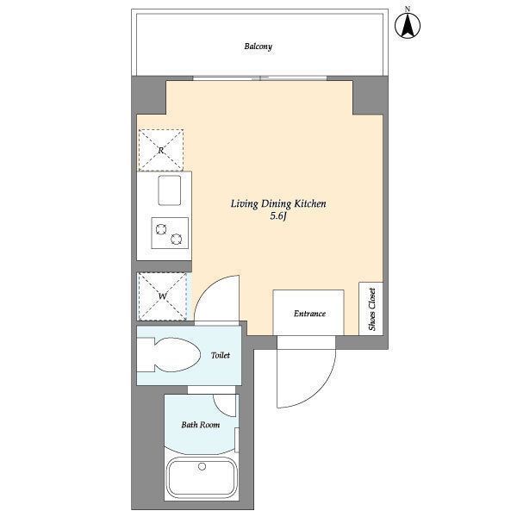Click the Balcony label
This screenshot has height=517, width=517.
tap(258, 47)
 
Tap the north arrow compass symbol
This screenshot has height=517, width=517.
tap(408, 24)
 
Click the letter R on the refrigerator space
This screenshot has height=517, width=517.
tap(161, 151)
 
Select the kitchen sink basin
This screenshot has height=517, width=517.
tap(170, 190)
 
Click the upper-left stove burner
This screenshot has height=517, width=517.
tap(161, 229)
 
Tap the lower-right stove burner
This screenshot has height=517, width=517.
tap(177, 239)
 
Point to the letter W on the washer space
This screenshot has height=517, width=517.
tap(162, 296)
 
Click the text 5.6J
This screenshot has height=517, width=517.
tap(278, 216)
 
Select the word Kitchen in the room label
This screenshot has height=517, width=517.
tap(310, 203)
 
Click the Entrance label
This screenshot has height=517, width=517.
tap(309, 314)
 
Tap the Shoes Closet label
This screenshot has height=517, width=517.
tap(372, 309)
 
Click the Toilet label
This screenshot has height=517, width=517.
tap(221, 355)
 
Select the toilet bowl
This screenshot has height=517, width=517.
tap(177, 355)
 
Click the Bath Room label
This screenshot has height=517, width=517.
tap(201, 424)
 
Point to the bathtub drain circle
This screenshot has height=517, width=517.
tap(202, 466)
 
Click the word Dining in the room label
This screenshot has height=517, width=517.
tap(276, 204)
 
